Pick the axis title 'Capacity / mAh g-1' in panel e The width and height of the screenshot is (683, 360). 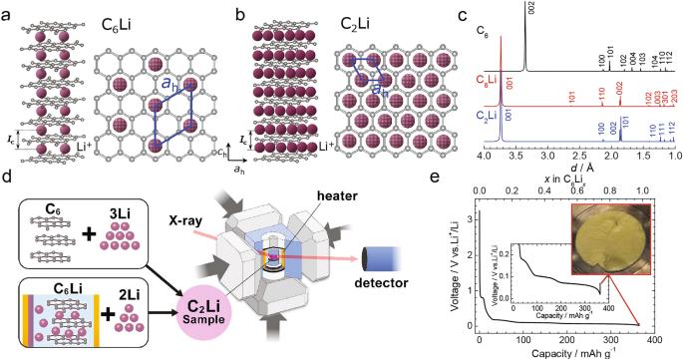pos(576,353)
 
